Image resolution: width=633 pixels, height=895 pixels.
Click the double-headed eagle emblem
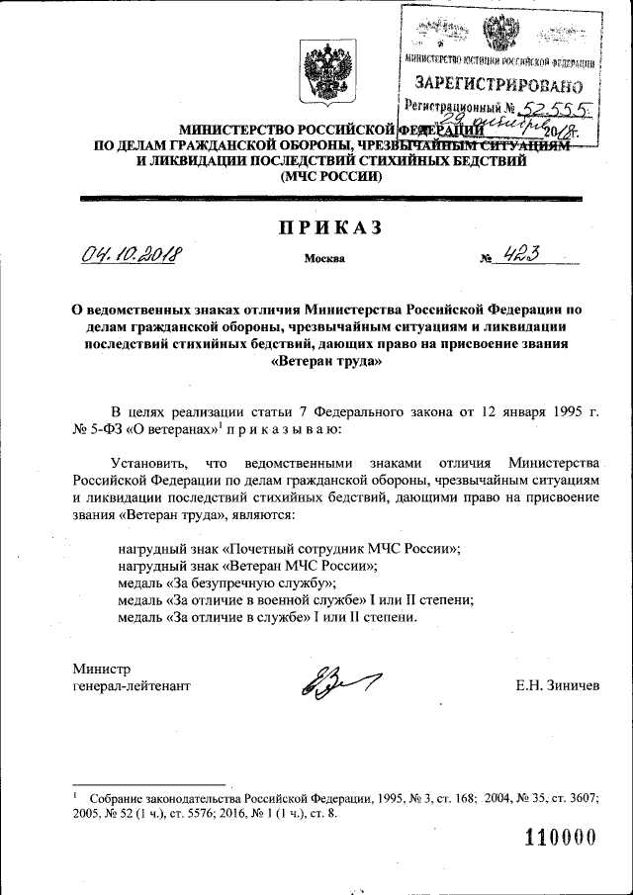(x=318, y=73)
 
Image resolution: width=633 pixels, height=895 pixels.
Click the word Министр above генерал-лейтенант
(x=101, y=668)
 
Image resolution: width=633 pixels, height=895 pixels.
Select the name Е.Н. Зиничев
(x=557, y=685)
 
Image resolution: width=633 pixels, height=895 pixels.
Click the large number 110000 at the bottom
(x=560, y=837)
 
